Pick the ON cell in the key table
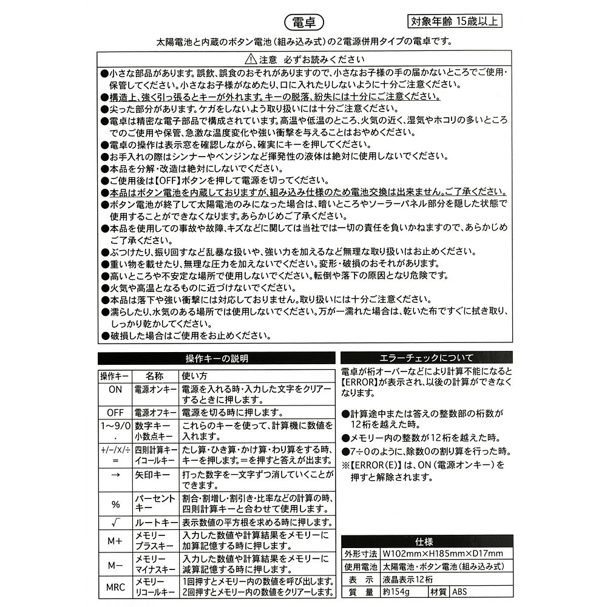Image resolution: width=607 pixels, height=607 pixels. (115, 390)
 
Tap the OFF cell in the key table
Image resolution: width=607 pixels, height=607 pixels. (115, 412)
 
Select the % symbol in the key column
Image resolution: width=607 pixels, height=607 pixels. (115, 505)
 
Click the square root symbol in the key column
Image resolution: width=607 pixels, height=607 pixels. (115, 523)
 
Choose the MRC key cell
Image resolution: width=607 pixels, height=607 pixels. (115, 587)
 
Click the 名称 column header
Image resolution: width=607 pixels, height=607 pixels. (155, 376)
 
